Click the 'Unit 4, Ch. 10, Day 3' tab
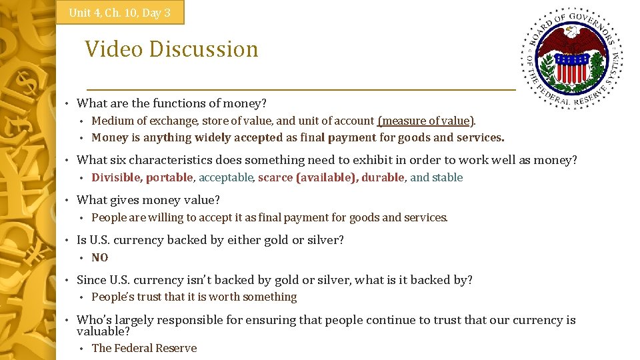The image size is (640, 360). tap(120, 13)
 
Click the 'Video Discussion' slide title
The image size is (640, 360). tap(171, 49)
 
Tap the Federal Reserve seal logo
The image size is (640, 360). tap(572, 59)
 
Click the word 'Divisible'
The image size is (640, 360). tap(116, 177)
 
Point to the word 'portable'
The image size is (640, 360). tap(169, 177)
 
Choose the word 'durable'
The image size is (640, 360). tap(383, 177)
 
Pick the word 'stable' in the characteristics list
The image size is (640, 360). tap(448, 177)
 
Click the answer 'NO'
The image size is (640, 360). tap(100, 257)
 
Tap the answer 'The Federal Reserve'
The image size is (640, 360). tap(144, 348)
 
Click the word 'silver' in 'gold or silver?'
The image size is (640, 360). tap(325, 240)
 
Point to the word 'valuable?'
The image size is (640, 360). tap(103, 331)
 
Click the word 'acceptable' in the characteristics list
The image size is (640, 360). tap(226, 177)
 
